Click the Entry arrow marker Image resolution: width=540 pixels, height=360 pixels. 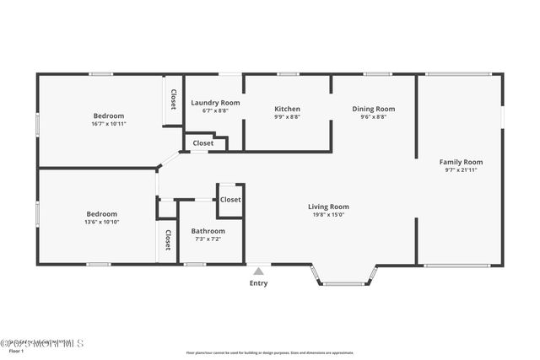tap(258, 271)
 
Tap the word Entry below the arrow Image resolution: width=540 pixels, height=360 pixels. tap(258, 283)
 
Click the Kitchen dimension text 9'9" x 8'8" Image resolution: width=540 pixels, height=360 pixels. tap(287, 116)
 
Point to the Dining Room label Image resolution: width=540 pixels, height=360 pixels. tap(373, 109)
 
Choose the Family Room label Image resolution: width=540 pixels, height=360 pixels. tap(461, 162)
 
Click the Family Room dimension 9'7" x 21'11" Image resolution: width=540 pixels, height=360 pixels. tap(461, 170)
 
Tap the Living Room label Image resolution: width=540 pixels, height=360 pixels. tap(328, 207)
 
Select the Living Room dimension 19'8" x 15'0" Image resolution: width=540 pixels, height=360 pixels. tap(328, 215)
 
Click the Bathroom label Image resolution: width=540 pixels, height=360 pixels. tap(208, 231)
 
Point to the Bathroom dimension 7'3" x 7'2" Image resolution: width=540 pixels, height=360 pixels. tap(208, 239)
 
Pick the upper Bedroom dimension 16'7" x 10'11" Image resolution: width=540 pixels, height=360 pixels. tap(108, 124)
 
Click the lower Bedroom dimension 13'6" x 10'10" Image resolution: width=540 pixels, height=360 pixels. tap(101, 223)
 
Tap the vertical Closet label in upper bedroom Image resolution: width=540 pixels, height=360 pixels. tap(173, 100)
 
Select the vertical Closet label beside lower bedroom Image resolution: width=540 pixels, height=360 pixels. tap(168, 240)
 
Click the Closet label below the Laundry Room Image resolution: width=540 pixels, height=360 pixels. tap(202, 143)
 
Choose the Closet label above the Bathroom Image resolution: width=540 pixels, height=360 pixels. tap(230, 200)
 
